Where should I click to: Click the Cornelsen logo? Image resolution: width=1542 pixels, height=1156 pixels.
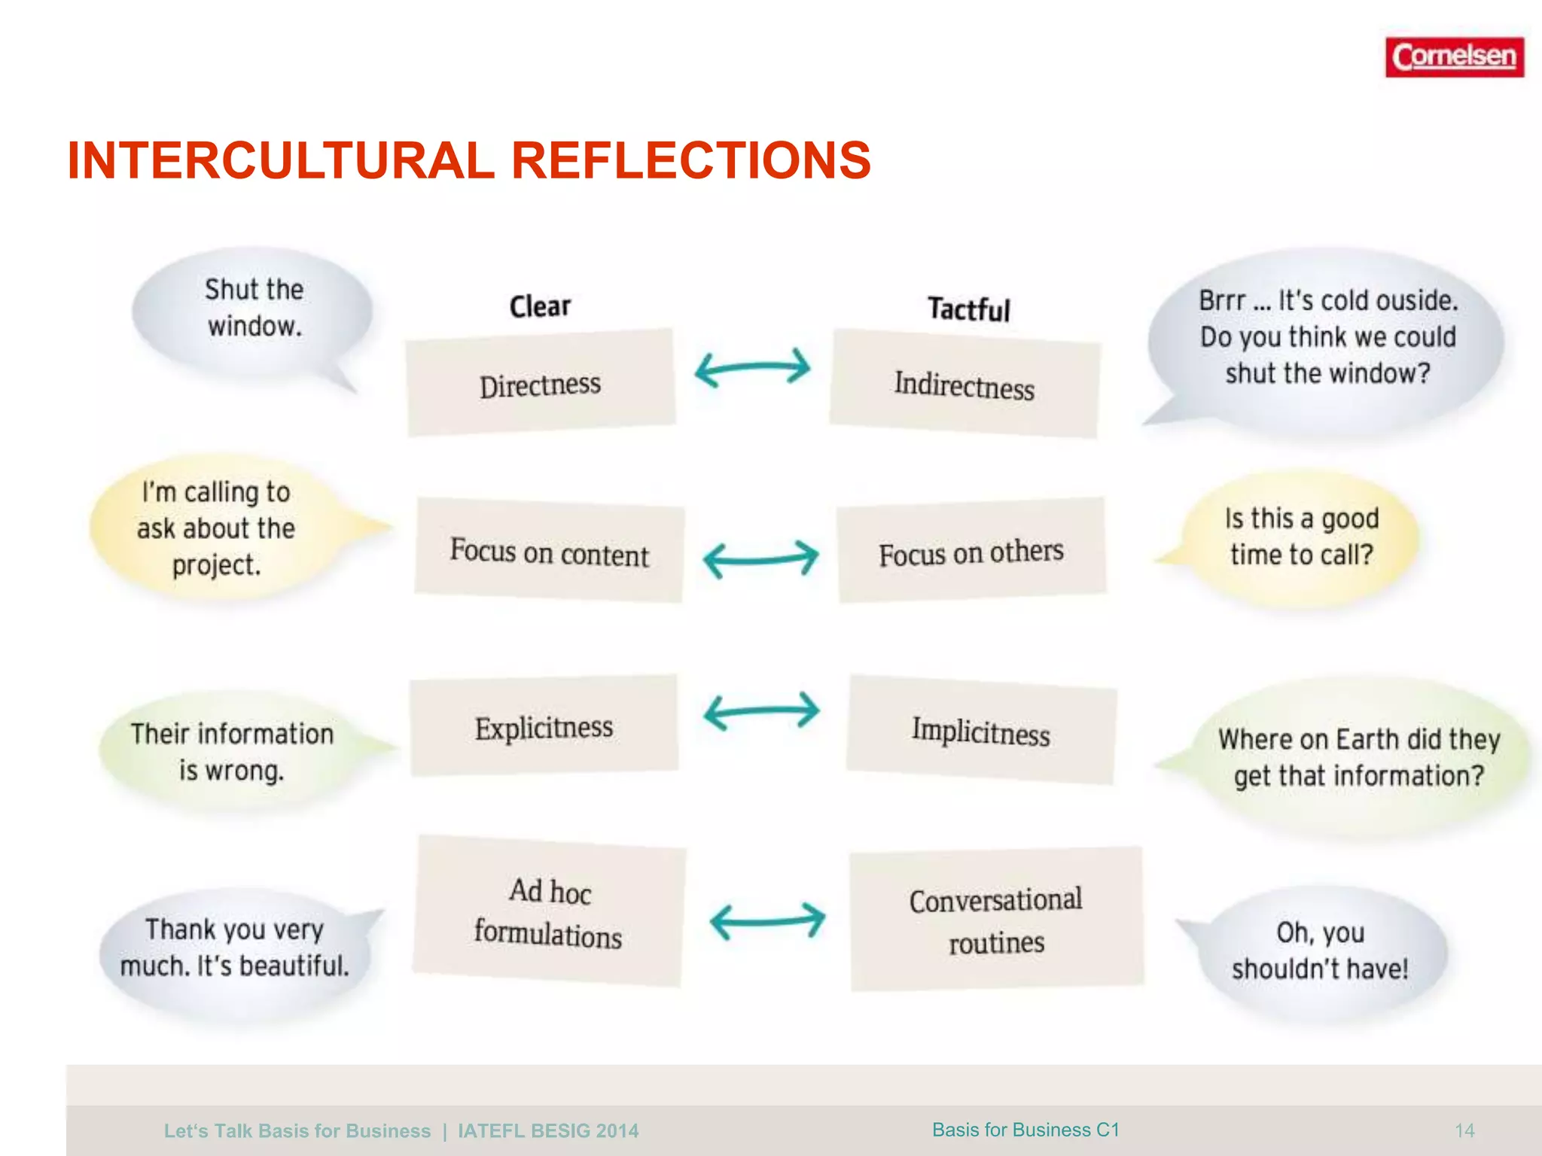click(x=1454, y=57)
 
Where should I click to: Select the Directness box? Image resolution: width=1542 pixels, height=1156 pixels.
click(x=541, y=384)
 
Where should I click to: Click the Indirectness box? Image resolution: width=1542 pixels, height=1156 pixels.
click(x=965, y=384)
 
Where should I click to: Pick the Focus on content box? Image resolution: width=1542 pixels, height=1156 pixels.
click(x=550, y=552)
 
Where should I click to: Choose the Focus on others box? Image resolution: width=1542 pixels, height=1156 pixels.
click(x=971, y=552)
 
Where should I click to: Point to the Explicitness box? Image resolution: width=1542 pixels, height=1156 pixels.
click(x=544, y=727)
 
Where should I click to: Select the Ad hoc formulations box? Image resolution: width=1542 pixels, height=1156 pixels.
click(x=549, y=911)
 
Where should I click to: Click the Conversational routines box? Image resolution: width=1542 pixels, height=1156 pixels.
click(x=996, y=920)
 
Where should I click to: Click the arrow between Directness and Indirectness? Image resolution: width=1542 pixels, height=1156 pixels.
click(x=752, y=368)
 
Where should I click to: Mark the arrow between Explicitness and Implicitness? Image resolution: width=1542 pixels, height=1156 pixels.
click(x=761, y=711)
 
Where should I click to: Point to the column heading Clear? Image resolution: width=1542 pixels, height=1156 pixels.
click(x=540, y=306)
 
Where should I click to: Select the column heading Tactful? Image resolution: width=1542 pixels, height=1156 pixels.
click(x=968, y=309)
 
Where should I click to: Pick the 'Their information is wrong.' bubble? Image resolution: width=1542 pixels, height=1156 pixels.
click(x=232, y=751)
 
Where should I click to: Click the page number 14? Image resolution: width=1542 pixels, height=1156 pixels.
click(x=1464, y=1130)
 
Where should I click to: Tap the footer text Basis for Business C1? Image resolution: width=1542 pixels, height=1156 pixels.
click(x=1025, y=1130)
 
